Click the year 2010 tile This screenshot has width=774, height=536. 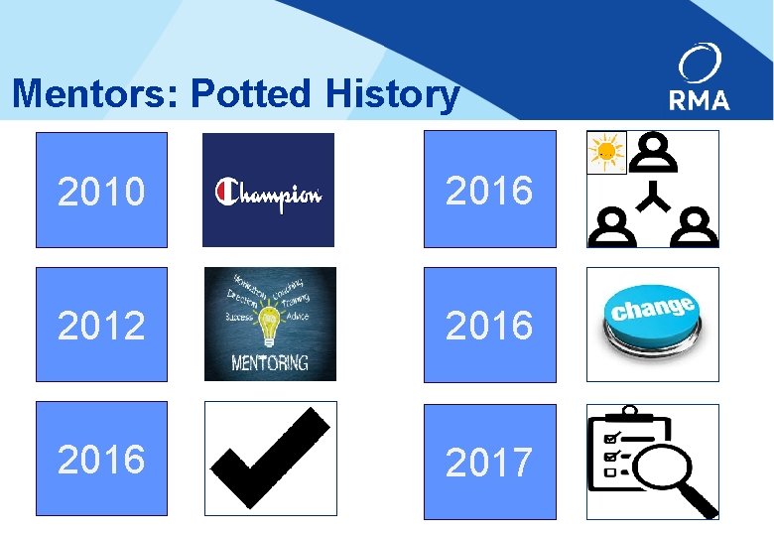(x=101, y=190)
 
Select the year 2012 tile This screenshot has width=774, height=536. (x=101, y=324)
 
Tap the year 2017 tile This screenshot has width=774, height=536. (x=489, y=461)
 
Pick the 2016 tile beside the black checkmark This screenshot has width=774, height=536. (x=101, y=458)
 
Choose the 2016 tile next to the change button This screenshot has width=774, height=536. (x=489, y=324)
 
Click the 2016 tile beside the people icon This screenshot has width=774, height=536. (x=489, y=190)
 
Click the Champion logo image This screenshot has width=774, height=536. (x=268, y=191)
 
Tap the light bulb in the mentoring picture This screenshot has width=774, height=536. (x=269, y=323)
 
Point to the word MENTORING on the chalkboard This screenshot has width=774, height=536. (x=270, y=361)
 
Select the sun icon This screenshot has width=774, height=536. (x=605, y=152)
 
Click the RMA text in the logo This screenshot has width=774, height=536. (x=700, y=99)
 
